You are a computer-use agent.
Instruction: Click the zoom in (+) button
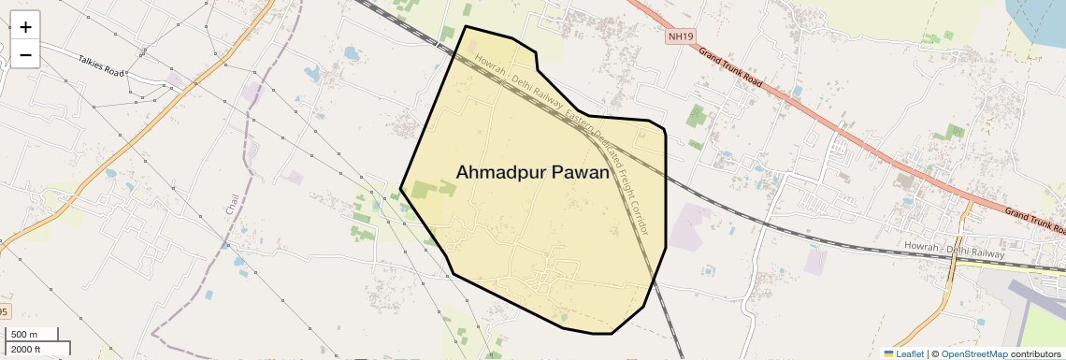pyautogui.click(x=25, y=27)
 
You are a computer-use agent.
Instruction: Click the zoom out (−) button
pyautogui.click(x=25, y=55)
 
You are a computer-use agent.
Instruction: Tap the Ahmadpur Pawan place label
pyautogui.click(x=533, y=173)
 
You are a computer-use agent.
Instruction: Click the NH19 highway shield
pyautogui.click(x=682, y=37)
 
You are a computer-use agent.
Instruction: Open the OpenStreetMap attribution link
pyautogui.click(x=974, y=354)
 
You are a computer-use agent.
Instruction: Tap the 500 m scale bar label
pyautogui.click(x=24, y=335)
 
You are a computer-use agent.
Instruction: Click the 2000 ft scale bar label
pyautogui.click(x=26, y=349)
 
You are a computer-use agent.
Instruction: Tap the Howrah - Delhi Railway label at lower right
pyautogui.click(x=954, y=250)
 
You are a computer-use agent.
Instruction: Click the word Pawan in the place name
pyautogui.click(x=579, y=173)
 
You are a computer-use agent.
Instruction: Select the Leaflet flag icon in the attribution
pyautogui.click(x=888, y=354)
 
